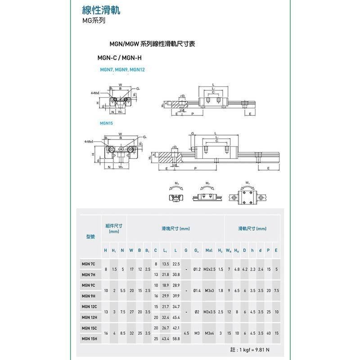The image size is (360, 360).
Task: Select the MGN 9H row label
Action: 88,296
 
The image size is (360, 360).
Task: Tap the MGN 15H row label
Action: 89,338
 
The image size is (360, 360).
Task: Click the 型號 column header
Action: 90,236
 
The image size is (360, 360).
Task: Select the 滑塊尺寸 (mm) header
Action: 175,229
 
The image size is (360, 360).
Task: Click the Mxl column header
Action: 209,250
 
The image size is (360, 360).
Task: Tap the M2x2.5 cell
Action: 209,269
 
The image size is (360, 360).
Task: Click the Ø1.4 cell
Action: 196,290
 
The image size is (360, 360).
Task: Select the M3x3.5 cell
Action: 209,312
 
